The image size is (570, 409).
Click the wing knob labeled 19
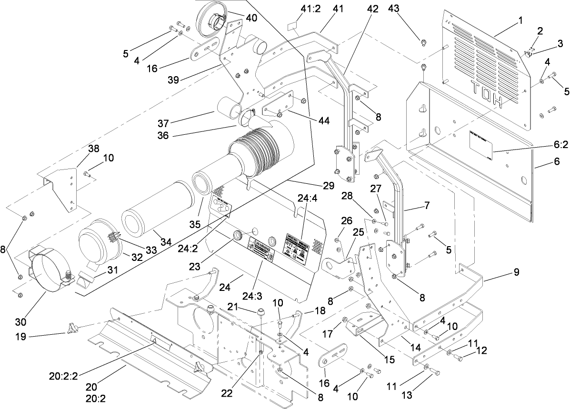(73, 329)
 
